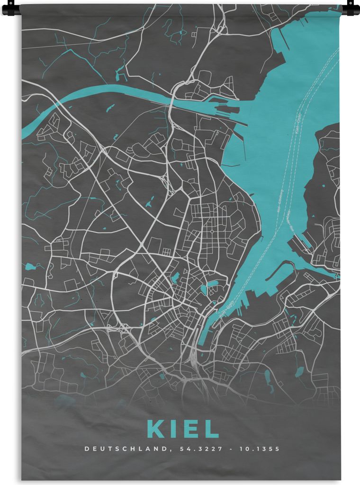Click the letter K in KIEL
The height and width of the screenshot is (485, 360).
click(157, 429)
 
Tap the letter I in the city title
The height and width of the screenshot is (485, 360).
click(174, 429)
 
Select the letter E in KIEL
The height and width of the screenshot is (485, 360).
click(191, 429)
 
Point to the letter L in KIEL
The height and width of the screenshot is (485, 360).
click(211, 429)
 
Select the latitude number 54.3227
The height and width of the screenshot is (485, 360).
click(194, 448)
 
